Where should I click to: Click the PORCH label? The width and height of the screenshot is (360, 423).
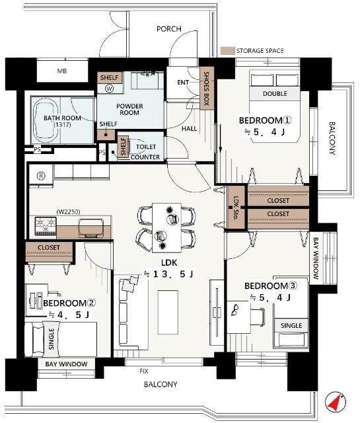(x=169, y=29)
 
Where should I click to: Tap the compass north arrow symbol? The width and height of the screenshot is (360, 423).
(x=335, y=403)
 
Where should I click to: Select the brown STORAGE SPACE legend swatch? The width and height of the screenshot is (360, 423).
(x=227, y=51)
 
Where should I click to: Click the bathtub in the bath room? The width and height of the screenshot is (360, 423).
(x=46, y=120)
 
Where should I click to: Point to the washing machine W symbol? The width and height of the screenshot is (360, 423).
(x=110, y=89)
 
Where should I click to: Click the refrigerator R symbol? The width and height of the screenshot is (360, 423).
(x=41, y=176)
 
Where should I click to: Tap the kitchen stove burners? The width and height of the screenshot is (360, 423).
(x=46, y=226)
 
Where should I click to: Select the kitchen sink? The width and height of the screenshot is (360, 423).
(x=91, y=228)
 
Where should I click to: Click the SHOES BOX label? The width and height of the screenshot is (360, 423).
(x=207, y=89)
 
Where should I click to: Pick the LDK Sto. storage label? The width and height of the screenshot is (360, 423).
(x=236, y=208)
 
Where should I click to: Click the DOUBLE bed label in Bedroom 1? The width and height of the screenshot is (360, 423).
(x=275, y=94)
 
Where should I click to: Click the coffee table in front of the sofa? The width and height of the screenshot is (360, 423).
(x=168, y=312)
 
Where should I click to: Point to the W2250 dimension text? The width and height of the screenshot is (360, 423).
(x=68, y=211)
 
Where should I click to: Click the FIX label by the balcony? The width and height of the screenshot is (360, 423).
(x=144, y=371)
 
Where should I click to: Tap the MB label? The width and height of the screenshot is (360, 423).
(x=62, y=71)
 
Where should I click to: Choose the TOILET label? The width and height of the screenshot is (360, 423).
(x=146, y=147)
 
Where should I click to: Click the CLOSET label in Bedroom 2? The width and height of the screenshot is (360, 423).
(x=49, y=247)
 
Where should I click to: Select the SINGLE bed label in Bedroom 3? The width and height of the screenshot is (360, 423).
(x=291, y=325)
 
